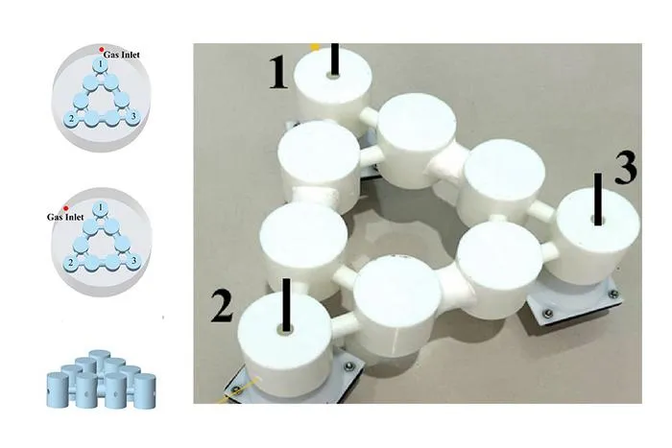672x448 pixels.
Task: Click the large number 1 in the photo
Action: pyautogui.click(x=278, y=73)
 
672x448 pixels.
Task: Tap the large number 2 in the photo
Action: pyautogui.click(x=222, y=306)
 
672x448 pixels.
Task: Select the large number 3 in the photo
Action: pyautogui.click(x=626, y=168)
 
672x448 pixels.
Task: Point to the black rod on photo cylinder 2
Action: pyautogui.click(x=286, y=304)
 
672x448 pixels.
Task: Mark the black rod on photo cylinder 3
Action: pyautogui.click(x=598, y=199)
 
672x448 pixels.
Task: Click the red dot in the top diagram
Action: pyautogui.click(x=101, y=50)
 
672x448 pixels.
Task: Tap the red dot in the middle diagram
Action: pyautogui.click(x=65, y=208)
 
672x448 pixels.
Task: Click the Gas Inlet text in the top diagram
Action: pyautogui.click(x=121, y=55)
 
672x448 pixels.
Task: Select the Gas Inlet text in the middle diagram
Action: pyautogui.click(x=65, y=217)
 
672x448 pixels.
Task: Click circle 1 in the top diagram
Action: pyautogui.click(x=100, y=64)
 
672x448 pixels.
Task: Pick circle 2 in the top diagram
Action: pyautogui.click(x=71, y=119)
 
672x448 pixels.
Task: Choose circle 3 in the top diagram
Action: pyautogui.click(x=133, y=116)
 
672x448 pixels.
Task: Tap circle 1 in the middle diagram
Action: pyautogui.click(x=100, y=208)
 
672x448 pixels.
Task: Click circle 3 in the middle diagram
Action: pyautogui.click(x=133, y=260)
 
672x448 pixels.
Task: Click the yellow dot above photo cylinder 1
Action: pyautogui.click(x=316, y=47)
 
